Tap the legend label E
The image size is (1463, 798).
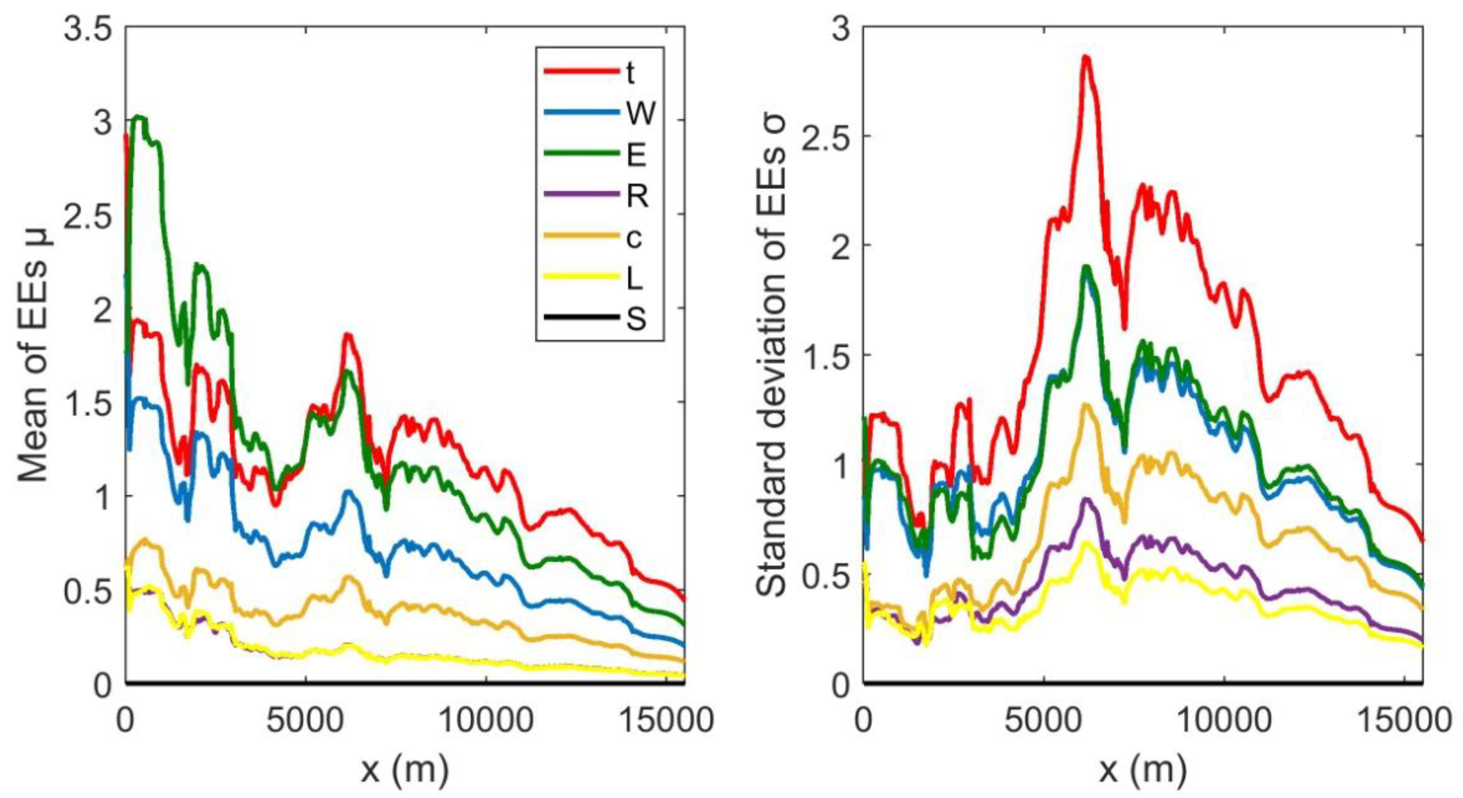click(x=636, y=154)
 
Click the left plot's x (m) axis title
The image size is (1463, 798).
click(x=404, y=771)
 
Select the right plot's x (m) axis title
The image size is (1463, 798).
click(x=1143, y=771)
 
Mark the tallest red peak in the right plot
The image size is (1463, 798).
click(x=1085, y=57)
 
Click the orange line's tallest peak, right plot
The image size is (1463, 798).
click(x=1085, y=404)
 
